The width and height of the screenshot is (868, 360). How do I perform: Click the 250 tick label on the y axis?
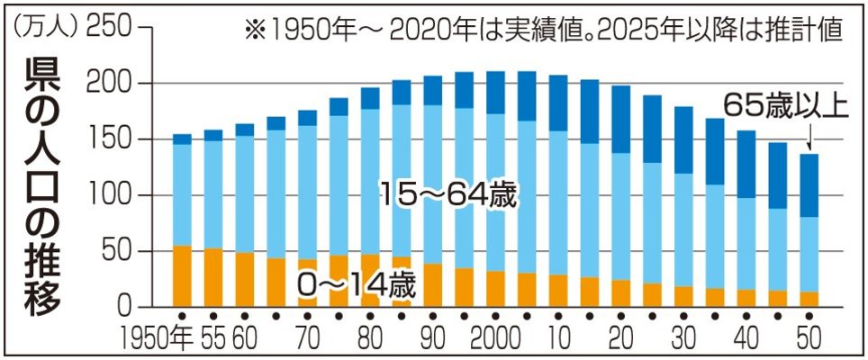click(109, 28)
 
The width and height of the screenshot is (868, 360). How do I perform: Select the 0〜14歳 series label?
click(356, 287)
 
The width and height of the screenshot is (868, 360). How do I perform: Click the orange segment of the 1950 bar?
click(182, 276)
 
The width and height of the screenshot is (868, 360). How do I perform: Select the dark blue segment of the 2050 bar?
click(809, 185)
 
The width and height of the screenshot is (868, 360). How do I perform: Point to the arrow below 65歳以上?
click(809, 137)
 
